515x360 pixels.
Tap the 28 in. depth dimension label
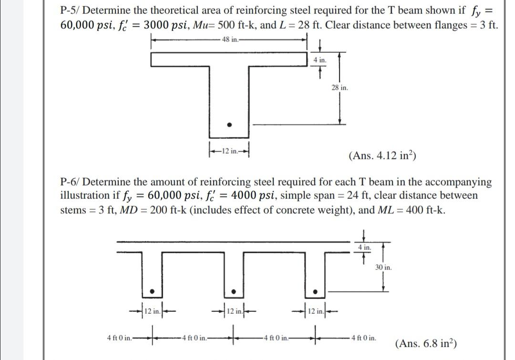pos(339,88)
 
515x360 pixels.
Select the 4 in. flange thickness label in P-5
pos(319,60)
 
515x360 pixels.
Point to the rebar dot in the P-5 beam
pos(229,125)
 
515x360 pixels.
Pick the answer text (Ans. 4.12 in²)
pos(383,155)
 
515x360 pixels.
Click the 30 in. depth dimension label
pos(383,267)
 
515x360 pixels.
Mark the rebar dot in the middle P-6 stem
pos(234,291)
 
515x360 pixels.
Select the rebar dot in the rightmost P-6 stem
pos(315,291)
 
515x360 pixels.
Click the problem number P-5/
pos(70,10)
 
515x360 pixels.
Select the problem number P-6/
pos(70,182)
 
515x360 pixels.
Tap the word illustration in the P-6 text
pos(84,195)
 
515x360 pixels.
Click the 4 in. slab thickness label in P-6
pos(364,247)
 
